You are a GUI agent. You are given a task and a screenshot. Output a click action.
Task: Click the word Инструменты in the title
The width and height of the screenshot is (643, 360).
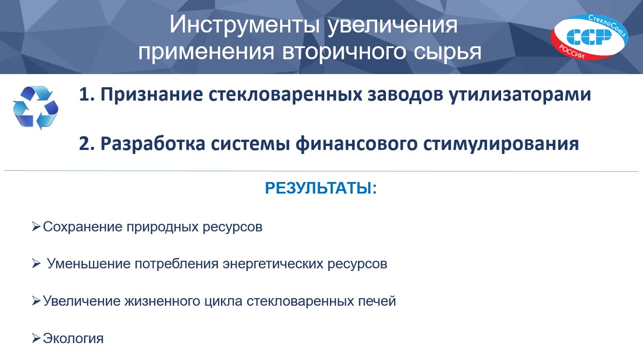(245, 25)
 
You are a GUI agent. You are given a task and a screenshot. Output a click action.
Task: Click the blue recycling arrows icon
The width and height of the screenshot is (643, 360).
(36, 107)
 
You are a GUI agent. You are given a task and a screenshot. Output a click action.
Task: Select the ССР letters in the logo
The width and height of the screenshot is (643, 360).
(589, 37)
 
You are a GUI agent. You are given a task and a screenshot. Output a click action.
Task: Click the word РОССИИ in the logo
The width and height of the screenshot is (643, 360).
(571, 52)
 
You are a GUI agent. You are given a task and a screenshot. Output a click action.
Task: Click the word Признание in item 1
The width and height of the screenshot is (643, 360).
(152, 94)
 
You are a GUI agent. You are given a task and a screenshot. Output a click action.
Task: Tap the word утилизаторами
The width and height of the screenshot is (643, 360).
(520, 94)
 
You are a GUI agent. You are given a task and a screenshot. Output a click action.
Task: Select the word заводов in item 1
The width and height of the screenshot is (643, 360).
(405, 94)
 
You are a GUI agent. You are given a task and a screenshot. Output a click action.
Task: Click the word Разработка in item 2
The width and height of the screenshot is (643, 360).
(153, 144)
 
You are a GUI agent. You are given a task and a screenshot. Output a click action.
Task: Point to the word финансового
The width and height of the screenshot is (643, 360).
(356, 143)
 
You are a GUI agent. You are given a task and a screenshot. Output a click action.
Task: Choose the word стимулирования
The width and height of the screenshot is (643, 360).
(501, 144)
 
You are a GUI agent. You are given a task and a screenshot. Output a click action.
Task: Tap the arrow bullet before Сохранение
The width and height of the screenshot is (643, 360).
(36, 227)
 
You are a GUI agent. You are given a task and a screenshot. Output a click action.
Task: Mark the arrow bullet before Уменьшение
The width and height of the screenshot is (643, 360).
(36, 263)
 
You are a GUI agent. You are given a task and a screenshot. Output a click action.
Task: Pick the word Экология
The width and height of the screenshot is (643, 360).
(73, 339)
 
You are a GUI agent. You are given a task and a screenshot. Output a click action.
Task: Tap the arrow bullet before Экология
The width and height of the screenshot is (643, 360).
(36, 338)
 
